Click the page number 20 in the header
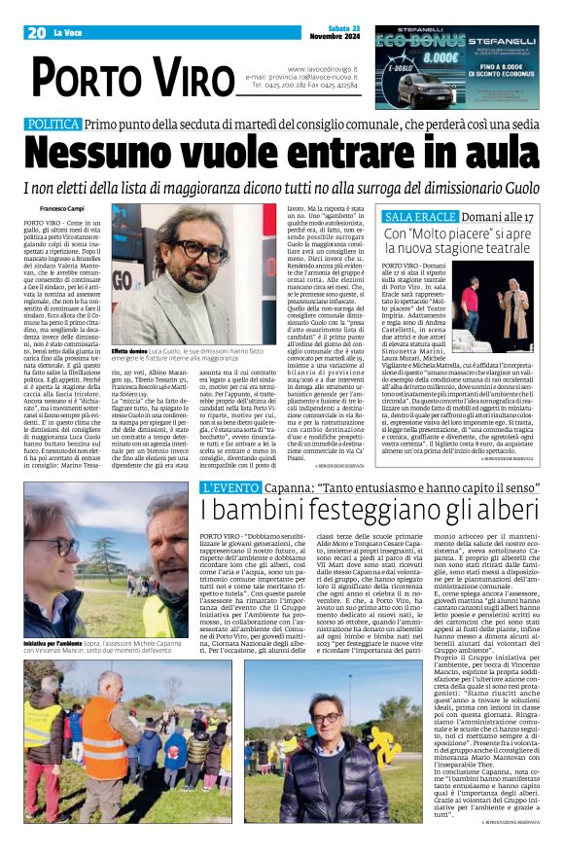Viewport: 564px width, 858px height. (37, 33)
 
